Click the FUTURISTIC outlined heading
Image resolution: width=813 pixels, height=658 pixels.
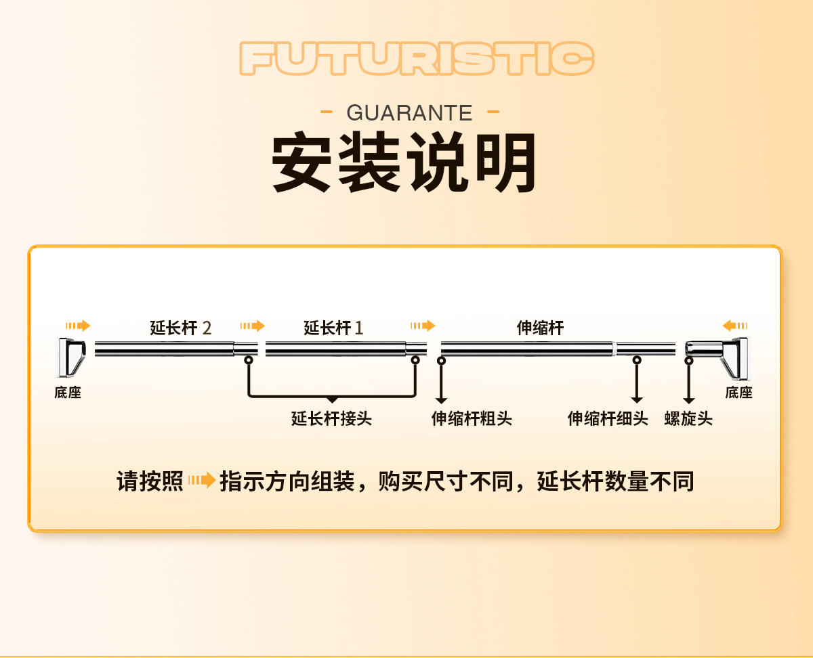(417, 58)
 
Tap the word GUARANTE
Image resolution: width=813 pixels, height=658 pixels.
(409, 112)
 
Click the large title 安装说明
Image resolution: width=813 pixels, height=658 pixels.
(404, 162)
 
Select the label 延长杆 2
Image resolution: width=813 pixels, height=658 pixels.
(180, 328)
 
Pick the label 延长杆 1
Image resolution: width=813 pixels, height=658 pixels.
(333, 328)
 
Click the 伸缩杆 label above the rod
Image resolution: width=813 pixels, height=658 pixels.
(540, 328)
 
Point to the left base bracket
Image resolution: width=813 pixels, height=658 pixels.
(71, 357)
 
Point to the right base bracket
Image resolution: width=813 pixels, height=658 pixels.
(717, 358)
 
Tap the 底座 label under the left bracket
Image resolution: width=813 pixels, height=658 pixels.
(68, 393)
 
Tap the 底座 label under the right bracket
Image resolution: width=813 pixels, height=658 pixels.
(738, 393)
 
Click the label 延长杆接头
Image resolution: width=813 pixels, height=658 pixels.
(331, 418)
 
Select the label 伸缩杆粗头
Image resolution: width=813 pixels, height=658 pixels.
(472, 418)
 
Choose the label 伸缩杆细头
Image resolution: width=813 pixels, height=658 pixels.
(608, 418)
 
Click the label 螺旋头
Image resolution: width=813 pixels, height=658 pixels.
(688, 418)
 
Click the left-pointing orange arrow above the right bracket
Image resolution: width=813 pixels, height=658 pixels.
(735, 326)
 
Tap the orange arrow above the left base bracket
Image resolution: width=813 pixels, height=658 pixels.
(78, 326)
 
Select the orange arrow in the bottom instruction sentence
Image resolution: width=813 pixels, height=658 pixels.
(203, 480)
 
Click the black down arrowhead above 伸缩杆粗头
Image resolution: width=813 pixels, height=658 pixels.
(441, 400)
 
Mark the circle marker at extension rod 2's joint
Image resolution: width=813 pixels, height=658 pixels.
(249, 360)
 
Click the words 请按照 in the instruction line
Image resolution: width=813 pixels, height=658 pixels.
(150, 481)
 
